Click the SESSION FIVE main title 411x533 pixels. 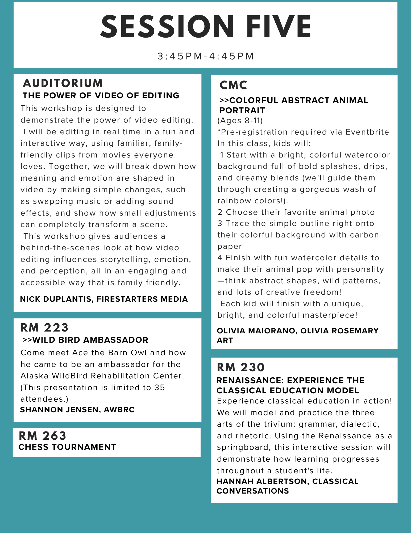[206, 27]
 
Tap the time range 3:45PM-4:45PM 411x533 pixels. [206, 56]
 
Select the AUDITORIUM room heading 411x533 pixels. [63, 83]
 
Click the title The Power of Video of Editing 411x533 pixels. [101, 95]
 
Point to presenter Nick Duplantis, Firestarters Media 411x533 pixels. [104, 299]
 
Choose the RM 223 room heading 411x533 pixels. [44, 328]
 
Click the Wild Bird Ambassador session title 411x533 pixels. [85, 340]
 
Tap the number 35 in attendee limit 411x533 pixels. [160, 387]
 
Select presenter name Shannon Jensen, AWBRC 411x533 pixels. [77, 410]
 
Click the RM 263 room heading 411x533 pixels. [43, 436]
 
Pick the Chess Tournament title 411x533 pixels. [67, 447]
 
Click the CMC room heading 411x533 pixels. [233, 85]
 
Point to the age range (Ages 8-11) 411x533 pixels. [240, 121]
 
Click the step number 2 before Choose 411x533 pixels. [220, 212]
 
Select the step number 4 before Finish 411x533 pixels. [220, 258]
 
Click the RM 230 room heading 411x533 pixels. [241, 367]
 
